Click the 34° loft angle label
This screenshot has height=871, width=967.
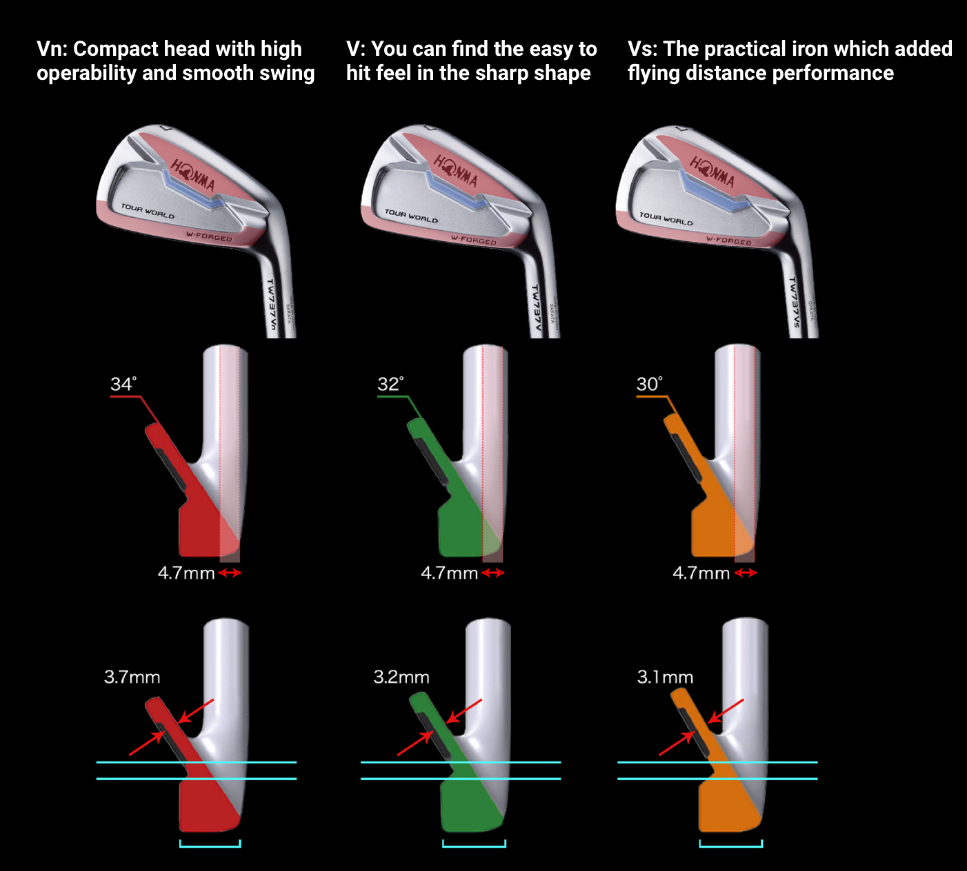[x=123, y=384]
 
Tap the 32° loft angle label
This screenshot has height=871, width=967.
[x=390, y=384]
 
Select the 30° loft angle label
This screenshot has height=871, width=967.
[x=648, y=384]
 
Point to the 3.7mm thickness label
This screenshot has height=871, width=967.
[x=132, y=677]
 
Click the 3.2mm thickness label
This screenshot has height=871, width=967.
[x=401, y=677]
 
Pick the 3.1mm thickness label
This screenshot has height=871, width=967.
[x=665, y=677]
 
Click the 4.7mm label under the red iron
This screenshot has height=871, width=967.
[x=186, y=573]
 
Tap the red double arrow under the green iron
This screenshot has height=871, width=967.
[x=493, y=573]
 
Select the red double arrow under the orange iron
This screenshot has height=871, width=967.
[x=746, y=573]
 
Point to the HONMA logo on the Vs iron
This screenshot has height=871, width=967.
[x=712, y=172]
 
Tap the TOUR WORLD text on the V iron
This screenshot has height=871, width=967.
[x=411, y=216]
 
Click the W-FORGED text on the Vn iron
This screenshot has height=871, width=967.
[x=209, y=236]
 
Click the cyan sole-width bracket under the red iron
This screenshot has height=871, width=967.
[x=210, y=843]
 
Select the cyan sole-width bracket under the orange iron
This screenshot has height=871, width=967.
[x=730, y=843]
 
